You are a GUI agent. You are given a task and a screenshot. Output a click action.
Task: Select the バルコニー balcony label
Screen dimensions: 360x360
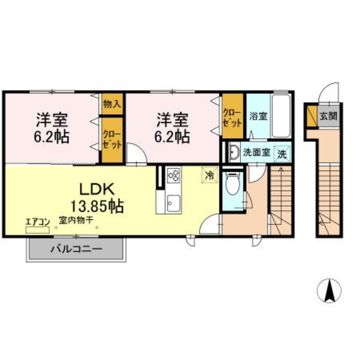point(75,248)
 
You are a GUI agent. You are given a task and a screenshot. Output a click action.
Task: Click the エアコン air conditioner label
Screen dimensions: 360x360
point(37,222)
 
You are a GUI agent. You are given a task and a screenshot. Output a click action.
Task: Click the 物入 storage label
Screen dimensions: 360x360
point(112,103)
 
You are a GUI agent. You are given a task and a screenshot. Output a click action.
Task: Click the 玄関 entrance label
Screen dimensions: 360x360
point(328,117)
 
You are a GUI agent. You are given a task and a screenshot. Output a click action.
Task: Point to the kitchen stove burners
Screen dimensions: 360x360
point(173,177)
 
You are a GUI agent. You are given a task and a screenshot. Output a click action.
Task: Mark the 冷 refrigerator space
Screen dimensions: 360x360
point(209,175)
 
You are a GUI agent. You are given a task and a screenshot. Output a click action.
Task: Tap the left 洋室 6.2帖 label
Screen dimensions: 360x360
point(53,128)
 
